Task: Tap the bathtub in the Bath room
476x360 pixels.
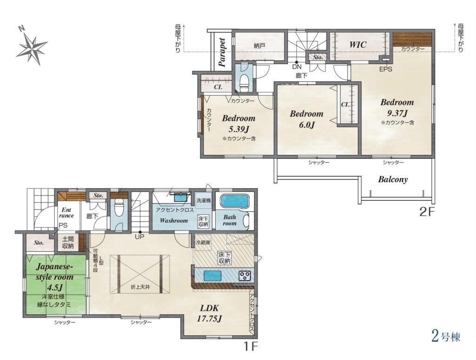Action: pyautogui.click(x=233, y=201)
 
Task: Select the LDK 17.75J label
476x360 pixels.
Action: pyautogui.click(x=210, y=313)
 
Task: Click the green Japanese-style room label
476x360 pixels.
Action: pyautogui.click(x=55, y=276)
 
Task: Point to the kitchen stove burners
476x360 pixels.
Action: pyautogui.click(x=245, y=275)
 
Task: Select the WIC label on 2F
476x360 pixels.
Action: pyautogui.click(x=358, y=45)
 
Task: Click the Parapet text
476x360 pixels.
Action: pyautogui.click(x=222, y=52)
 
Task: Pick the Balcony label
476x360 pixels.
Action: pyautogui.click(x=393, y=179)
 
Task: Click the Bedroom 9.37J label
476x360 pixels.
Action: pyautogui.click(x=397, y=108)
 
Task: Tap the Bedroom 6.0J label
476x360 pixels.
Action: pyautogui.click(x=306, y=119)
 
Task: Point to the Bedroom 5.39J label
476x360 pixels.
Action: pyautogui.click(x=238, y=124)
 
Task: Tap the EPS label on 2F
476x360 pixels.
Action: pyautogui.click(x=385, y=69)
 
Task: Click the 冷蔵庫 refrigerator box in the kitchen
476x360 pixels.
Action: pyautogui.click(x=203, y=242)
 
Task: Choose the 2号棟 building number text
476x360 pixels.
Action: pyautogui.click(x=446, y=337)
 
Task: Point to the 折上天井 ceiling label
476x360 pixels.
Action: pyautogui.click(x=140, y=287)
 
